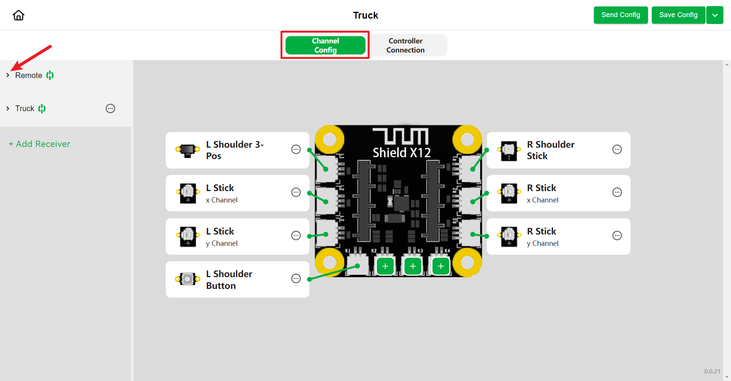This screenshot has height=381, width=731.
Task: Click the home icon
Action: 18,15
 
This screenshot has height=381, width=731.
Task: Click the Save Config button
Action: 678,15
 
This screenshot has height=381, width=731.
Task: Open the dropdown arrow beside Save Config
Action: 715,15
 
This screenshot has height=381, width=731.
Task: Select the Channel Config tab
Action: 325,45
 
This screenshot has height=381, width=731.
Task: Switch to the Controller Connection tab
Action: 405,45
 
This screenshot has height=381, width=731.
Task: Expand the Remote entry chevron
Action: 8,75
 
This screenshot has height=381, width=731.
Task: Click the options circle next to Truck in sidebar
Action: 110,108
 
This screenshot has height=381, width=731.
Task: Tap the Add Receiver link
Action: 40,144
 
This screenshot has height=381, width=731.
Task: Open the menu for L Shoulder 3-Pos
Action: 296,150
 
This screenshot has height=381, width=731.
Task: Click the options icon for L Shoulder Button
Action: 296,279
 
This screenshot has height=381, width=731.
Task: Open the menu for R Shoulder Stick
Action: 617,150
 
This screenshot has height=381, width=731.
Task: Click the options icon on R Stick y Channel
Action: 617,236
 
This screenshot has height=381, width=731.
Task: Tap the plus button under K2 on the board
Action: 385,266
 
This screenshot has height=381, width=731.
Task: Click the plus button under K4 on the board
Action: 441,266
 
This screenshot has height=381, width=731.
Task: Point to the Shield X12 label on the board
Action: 402,153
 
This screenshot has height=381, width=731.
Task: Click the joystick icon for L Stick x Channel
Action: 188,193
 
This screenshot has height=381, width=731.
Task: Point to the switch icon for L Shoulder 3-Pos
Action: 188,150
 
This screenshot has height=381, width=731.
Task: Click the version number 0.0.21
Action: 712,371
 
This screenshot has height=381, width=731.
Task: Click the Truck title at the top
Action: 365,15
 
